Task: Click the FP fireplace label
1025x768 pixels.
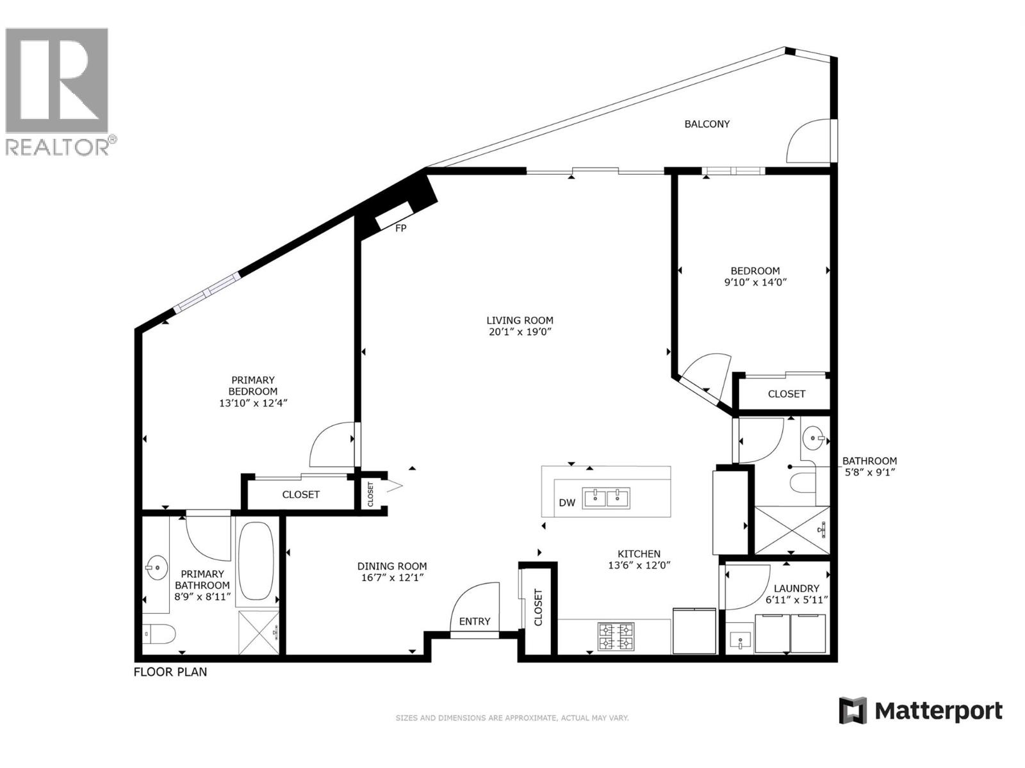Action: (x=400, y=228)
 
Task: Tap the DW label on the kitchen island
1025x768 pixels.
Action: (x=567, y=503)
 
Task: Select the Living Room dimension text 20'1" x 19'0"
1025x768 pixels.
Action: (x=520, y=332)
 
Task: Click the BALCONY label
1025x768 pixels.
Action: (x=707, y=124)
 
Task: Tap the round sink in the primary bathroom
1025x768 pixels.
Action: (x=156, y=567)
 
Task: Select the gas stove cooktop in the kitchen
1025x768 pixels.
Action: (x=616, y=636)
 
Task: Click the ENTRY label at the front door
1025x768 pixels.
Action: (x=475, y=621)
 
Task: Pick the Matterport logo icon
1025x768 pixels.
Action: (x=853, y=710)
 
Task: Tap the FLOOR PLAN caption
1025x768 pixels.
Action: (x=170, y=672)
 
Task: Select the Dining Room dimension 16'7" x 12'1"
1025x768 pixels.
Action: (x=391, y=577)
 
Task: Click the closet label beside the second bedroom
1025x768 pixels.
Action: (x=786, y=394)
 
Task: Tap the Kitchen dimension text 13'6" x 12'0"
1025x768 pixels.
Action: (x=639, y=565)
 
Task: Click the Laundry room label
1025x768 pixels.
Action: (x=796, y=588)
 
